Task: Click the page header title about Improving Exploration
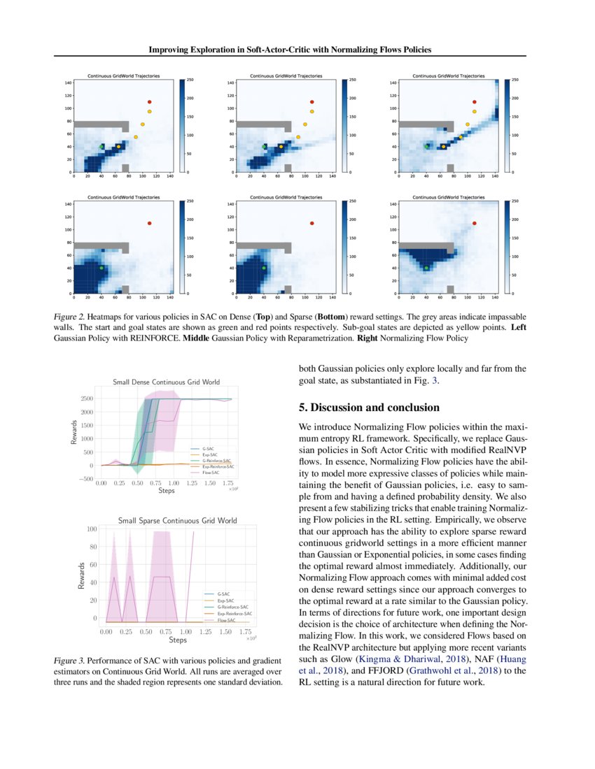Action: click(x=297, y=50)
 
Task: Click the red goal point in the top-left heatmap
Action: click(x=149, y=102)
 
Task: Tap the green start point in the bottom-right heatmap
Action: click(x=426, y=268)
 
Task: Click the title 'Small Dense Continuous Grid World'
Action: click(x=166, y=382)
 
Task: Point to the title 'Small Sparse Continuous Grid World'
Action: click(x=177, y=521)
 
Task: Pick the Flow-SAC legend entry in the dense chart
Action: click(x=212, y=473)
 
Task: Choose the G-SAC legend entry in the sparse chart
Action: click(x=225, y=593)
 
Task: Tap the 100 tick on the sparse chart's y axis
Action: click(x=91, y=529)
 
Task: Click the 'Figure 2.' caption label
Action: click(x=70, y=317)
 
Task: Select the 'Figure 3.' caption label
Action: click(x=70, y=661)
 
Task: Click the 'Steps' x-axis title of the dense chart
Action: click(x=166, y=491)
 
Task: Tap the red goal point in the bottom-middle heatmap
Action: click(x=311, y=223)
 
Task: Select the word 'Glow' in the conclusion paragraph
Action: click(x=342, y=659)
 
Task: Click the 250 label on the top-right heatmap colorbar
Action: click(x=514, y=80)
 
